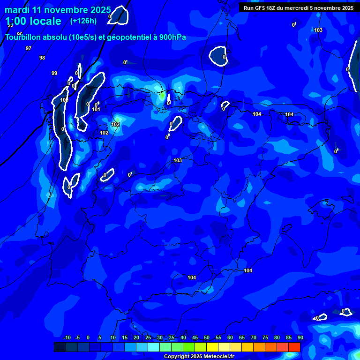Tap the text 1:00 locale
pos(33,21)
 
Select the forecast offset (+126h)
pos(83,21)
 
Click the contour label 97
pos(29,48)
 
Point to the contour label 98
pos(42,58)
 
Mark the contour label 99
pos(54,73)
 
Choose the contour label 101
pos(96,109)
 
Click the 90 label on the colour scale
pos(300,338)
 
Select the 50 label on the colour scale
pos(206,338)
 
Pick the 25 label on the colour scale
pos(148,338)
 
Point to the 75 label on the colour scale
pos(265,338)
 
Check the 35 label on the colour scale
pos(171,338)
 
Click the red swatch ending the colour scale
pos(294,347)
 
